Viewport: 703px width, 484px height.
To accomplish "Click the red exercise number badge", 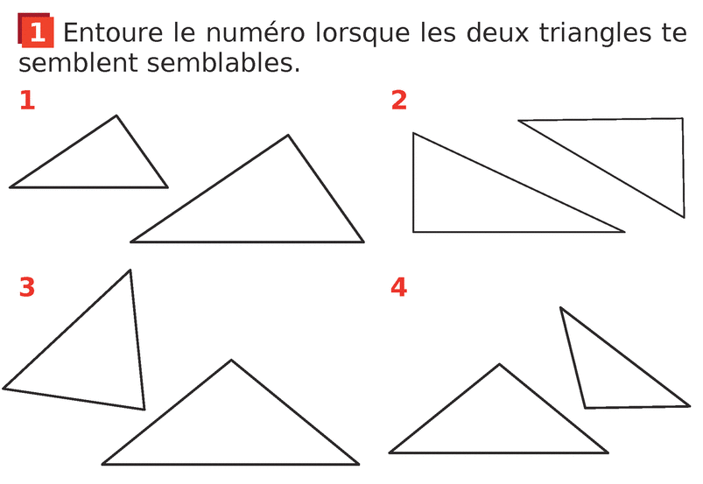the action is coord(36,31).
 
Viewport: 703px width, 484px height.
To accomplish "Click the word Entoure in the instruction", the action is coord(113,32).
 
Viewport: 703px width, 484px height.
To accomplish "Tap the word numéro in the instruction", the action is coord(255,32).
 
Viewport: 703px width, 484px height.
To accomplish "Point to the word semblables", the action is coord(223,62).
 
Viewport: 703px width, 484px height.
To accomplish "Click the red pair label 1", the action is coord(27,100).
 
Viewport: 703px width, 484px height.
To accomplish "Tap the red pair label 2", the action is coord(399,100).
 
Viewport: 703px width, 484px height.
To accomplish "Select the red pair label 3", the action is coord(27,287).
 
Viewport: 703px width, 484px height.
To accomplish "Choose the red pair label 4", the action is coord(398,287).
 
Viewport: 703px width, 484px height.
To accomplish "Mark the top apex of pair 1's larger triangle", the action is coord(288,135).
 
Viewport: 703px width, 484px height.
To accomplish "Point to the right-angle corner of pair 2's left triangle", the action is coord(413,232).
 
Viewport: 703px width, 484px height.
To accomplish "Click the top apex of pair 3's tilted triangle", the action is coord(130,270).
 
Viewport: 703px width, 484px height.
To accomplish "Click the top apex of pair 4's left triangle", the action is coord(499,364).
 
